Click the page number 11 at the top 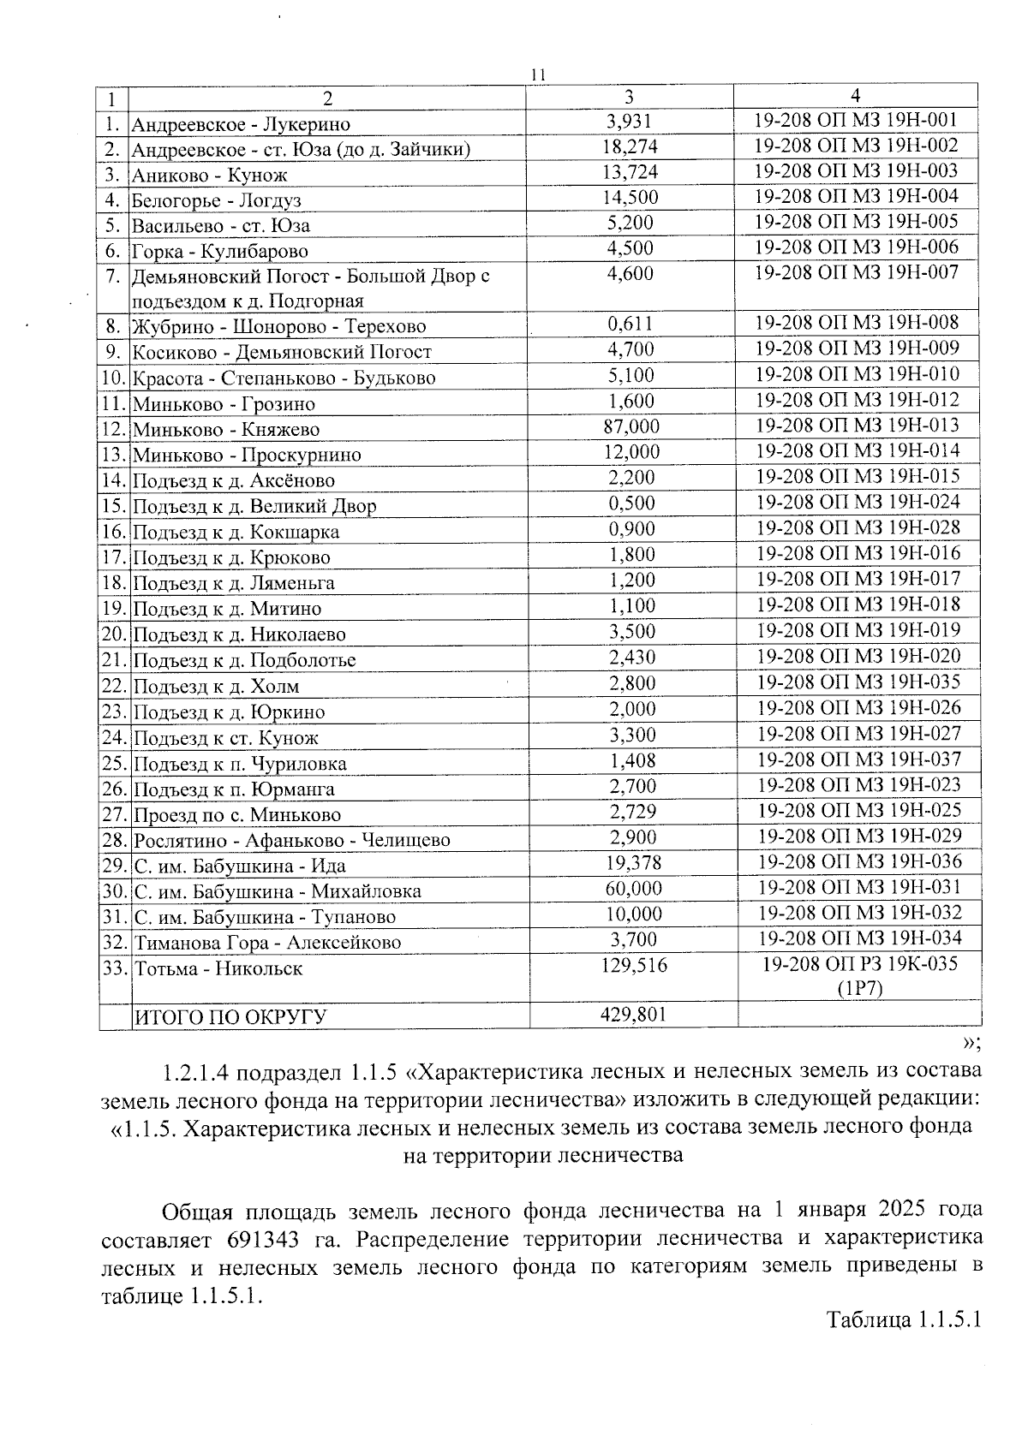[538, 75]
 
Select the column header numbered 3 [631, 97]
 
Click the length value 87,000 [631, 426]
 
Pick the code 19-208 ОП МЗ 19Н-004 [857, 196]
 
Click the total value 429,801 [631, 1015]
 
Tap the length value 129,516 [631, 965]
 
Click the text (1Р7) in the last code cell [859, 987]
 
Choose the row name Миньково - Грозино [223, 404]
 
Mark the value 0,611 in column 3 [631, 324]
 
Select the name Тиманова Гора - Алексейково [266, 943]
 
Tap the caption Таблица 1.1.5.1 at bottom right [902, 1343]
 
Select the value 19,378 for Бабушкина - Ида [631, 863]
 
